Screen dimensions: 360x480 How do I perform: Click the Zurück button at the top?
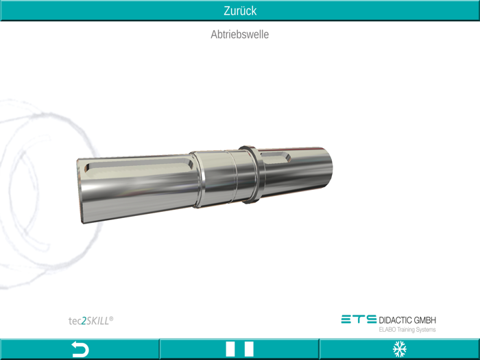click(x=240, y=10)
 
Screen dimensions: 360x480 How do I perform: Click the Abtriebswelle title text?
click(x=240, y=34)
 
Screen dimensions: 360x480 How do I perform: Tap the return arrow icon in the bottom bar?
click(x=80, y=350)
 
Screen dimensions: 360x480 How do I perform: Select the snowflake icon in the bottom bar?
click(x=399, y=350)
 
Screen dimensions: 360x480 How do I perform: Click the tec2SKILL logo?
click(x=91, y=320)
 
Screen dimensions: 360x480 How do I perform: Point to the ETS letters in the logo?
click(x=359, y=320)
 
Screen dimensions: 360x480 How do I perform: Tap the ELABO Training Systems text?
click(x=407, y=330)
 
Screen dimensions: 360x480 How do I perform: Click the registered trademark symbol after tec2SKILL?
click(x=112, y=317)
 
